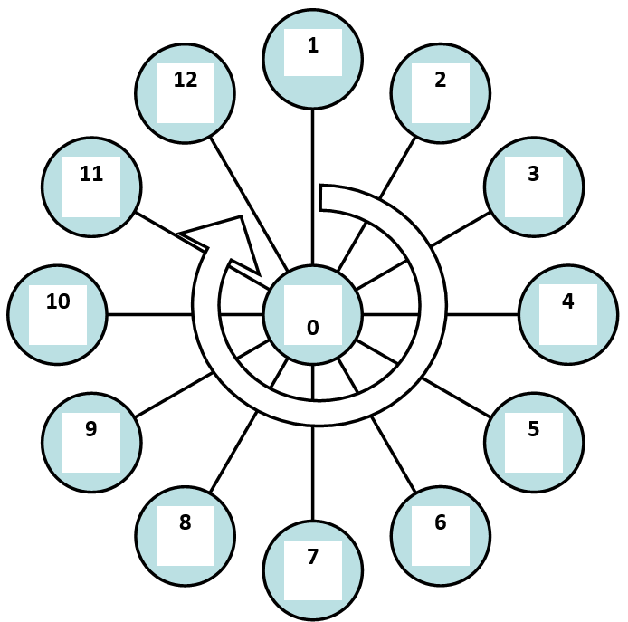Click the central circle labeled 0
click(x=313, y=315)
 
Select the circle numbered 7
click(x=313, y=570)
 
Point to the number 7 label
click(x=313, y=557)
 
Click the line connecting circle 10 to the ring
click(x=149, y=315)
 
